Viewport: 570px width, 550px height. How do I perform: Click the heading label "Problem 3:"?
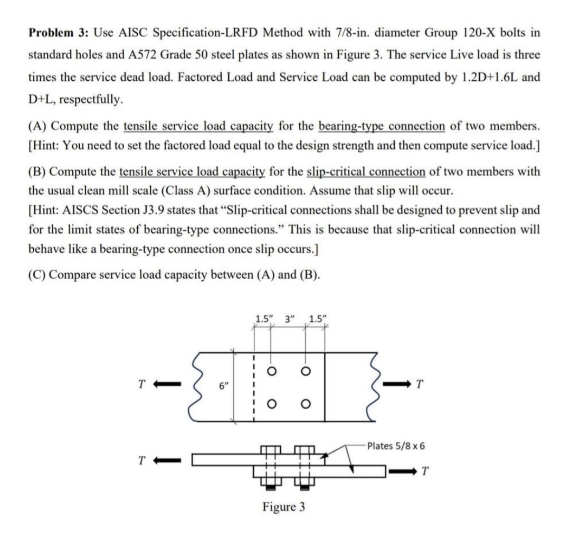58,32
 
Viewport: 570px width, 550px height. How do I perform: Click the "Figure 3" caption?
284,507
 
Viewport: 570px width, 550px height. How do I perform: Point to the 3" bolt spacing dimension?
289,318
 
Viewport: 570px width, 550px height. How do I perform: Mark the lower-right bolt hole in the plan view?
305,404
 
